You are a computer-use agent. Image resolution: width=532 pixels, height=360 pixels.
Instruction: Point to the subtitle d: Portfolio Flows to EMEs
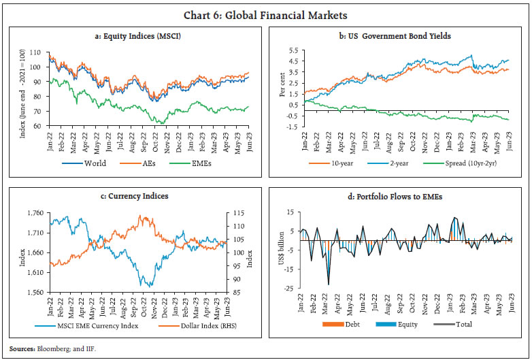(395, 196)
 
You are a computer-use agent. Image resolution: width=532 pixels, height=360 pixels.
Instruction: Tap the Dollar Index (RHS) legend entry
(197, 325)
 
